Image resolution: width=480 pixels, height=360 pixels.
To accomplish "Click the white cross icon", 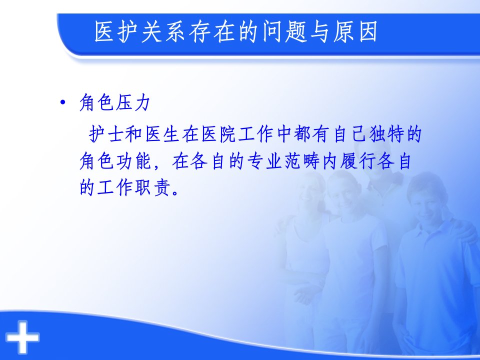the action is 22,336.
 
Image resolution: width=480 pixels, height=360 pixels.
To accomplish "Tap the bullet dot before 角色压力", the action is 63,102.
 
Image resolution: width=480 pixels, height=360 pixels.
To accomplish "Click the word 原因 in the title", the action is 355,31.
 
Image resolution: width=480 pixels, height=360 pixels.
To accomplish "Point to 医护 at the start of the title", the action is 116,31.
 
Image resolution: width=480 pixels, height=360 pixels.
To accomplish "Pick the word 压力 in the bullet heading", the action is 132,102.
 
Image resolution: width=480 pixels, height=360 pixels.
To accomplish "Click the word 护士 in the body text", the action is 106,134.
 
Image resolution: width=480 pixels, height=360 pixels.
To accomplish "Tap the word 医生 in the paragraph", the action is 162,134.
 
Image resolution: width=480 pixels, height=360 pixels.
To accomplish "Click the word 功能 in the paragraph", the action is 134,161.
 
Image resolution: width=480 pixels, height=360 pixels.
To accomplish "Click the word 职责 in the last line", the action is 152,187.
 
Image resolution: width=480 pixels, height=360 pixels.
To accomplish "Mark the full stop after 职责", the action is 175,193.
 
